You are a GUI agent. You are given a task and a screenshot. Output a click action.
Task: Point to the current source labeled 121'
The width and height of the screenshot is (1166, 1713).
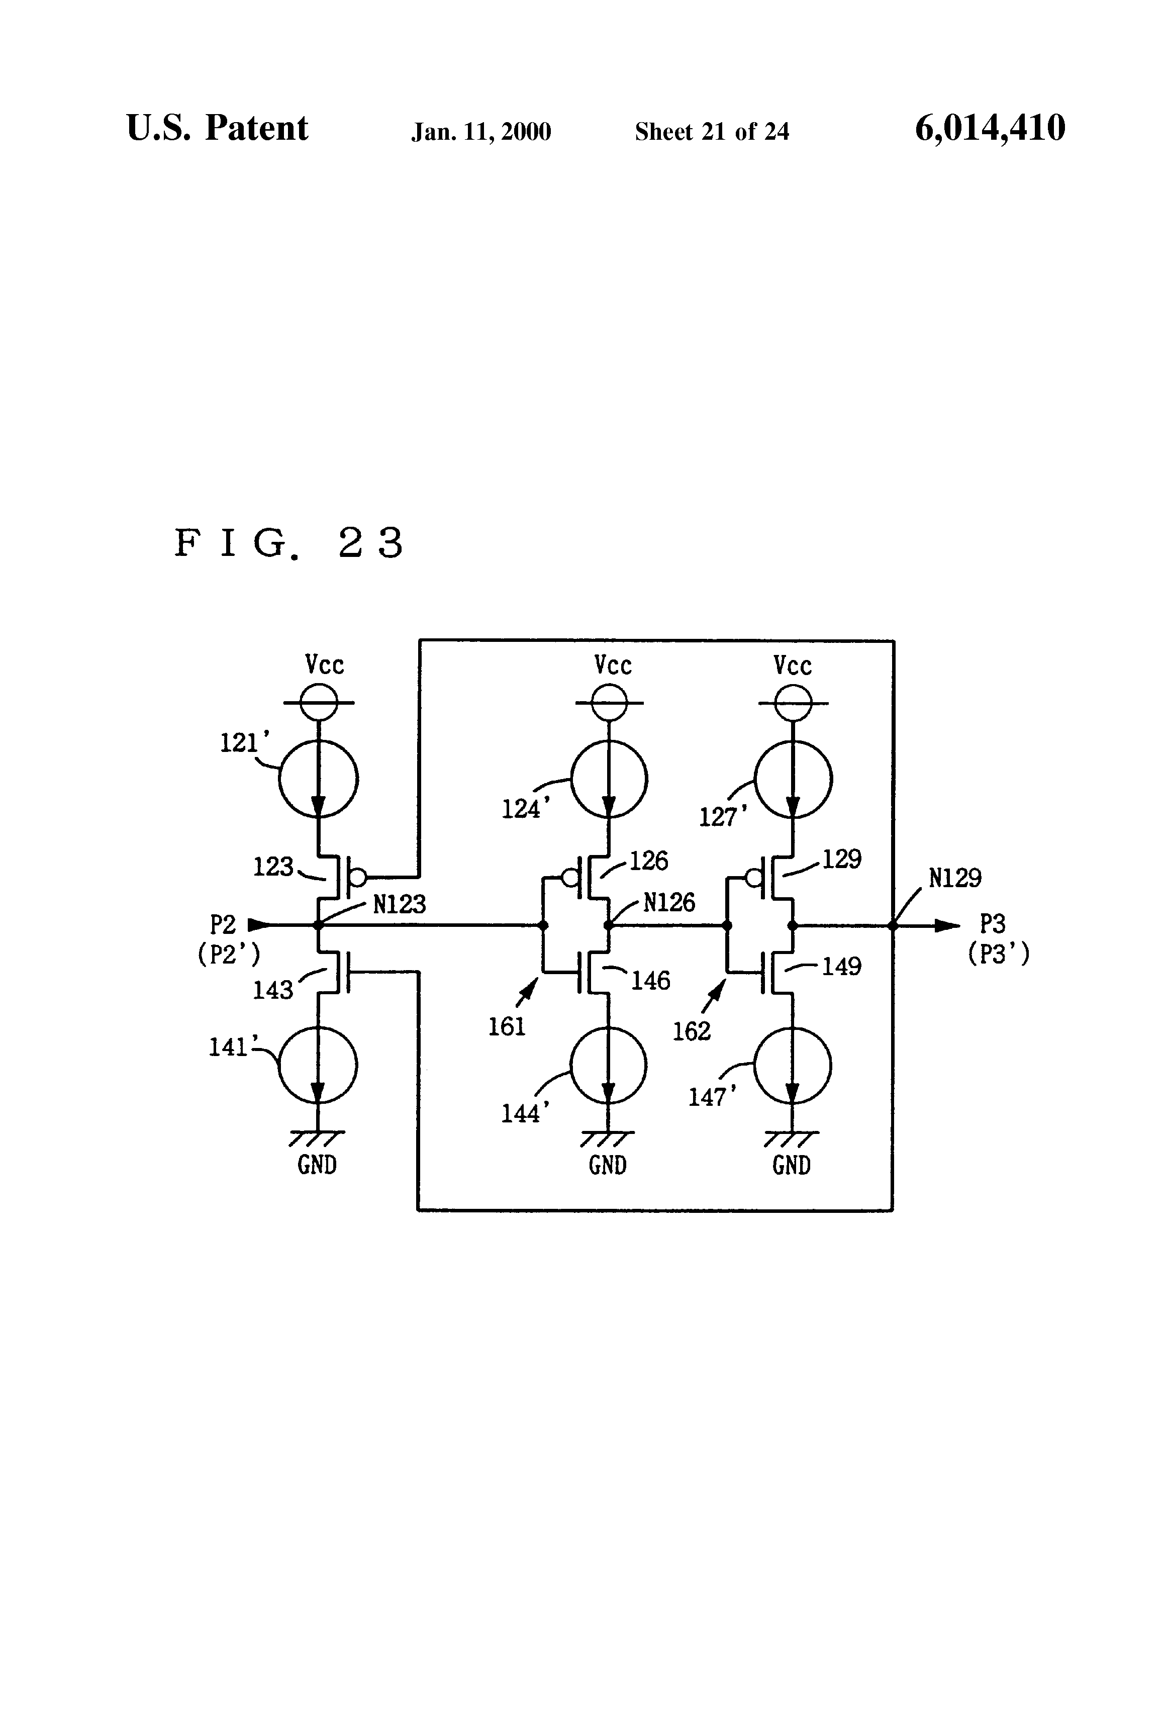point(319,779)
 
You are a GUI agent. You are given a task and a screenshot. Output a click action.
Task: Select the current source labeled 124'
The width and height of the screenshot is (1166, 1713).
point(609,779)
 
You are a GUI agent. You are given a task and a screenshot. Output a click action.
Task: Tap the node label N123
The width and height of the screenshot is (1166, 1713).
point(399,904)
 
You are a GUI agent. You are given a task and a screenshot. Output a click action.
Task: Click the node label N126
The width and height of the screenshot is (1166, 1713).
point(668,903)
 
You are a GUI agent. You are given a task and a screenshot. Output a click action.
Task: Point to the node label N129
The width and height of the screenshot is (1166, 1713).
point(954,878)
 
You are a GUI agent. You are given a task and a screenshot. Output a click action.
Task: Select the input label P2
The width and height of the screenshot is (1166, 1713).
point(223,924)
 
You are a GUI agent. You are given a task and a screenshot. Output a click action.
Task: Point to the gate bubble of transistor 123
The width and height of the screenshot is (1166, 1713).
point(357,877)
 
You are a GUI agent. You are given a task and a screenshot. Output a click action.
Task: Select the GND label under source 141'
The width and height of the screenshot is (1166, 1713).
point(317,1165)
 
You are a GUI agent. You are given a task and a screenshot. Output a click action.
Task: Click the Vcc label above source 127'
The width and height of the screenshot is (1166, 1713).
point(792,665)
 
